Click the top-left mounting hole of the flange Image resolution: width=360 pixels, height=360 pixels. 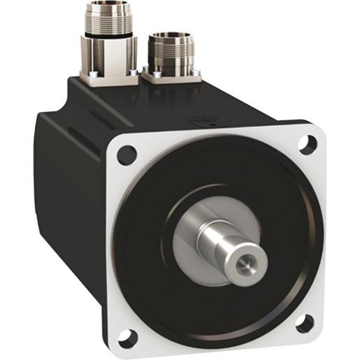click(x=127, y=154)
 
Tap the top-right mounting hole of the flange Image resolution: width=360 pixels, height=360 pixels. click(x=305, y=144)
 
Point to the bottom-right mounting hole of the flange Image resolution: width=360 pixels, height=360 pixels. click(x=305, y=324)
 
